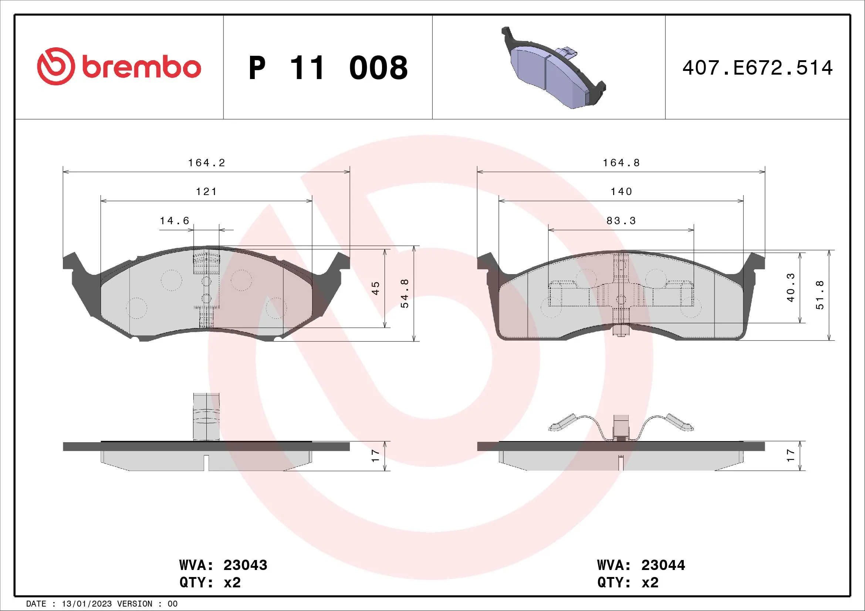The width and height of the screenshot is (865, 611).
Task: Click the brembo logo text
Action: [141, 68]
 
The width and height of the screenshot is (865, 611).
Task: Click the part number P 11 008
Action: [328, 68]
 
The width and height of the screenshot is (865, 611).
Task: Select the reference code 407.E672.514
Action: [757, 68]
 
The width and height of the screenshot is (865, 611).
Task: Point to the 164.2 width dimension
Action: [206, 163]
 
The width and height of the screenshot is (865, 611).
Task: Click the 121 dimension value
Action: [206, 192]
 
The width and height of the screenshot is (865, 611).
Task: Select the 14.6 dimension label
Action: [175, 221]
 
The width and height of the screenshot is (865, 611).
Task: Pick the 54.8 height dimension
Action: [405, 294]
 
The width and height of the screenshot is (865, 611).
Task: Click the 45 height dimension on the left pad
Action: [376, 288]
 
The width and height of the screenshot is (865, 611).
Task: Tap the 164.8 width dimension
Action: [621, 163]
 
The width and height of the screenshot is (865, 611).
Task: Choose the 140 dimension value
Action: [621, 192]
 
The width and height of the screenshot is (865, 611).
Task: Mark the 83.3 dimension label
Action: [621, 221]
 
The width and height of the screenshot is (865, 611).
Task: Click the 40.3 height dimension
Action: [791, 288]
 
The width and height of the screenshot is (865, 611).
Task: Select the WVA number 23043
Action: [245, 565]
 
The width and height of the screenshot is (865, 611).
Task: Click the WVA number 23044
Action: [663, 565]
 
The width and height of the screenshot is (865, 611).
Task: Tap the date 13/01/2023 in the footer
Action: [87, 604]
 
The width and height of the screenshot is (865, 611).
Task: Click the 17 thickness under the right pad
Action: [791, 455]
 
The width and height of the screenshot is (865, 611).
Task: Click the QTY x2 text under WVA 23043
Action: [210, 583]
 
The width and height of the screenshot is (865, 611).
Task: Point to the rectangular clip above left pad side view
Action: [206, 416]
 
